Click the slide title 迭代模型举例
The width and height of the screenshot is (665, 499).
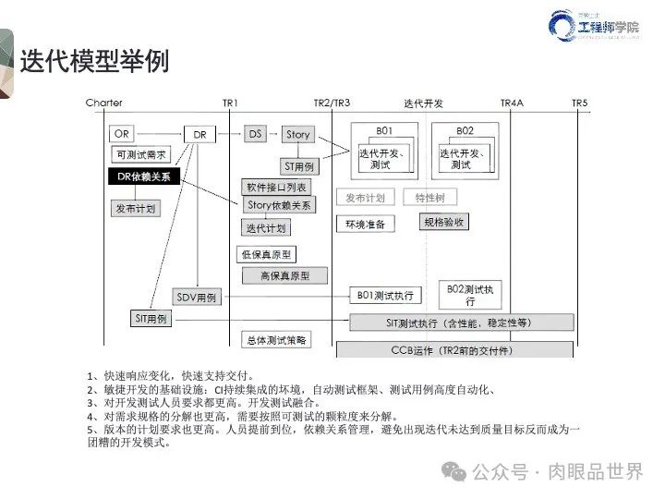tap(94, 61)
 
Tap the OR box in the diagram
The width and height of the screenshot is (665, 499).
tap(121, 134)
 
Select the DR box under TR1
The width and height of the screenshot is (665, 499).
tap(199, 135)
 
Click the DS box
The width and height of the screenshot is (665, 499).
tap(256, 134)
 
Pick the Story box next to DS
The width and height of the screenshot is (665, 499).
tap(297, 135)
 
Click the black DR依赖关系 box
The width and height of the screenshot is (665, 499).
tap(144, 176)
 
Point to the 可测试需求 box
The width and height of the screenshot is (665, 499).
tap(141, 155)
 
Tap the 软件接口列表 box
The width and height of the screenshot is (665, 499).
tap(274, 188)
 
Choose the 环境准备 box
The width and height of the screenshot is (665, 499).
tap(365, 224)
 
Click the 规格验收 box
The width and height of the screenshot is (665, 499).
tap(444, 223)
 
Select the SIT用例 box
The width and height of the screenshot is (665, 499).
tap(150, 318)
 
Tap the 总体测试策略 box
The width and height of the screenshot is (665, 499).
tap(275, 340)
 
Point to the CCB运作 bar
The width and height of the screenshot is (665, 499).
tap(454, 349)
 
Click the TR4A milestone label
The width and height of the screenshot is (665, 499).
tap(512, 103)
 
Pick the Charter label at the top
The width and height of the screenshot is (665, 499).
tap(103, 103)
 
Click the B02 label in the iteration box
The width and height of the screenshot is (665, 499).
tap(465, 130)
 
